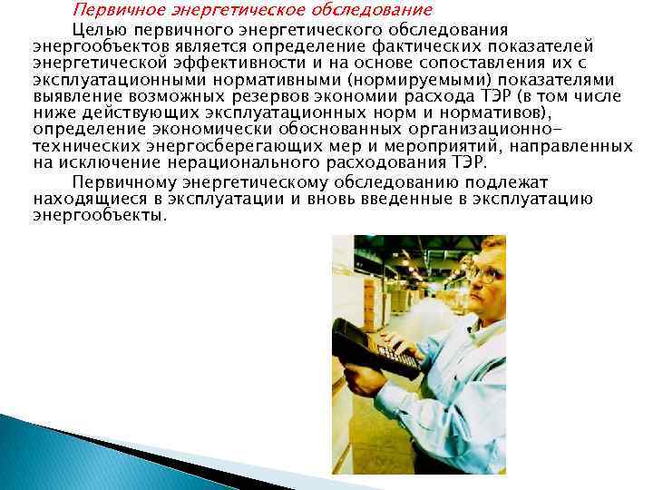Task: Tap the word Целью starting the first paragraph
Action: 101,31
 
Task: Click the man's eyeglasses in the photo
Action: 482,274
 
